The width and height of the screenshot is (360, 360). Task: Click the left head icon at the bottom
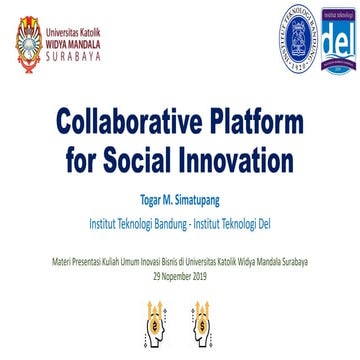pyautogui.click(x=153, y=322)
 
